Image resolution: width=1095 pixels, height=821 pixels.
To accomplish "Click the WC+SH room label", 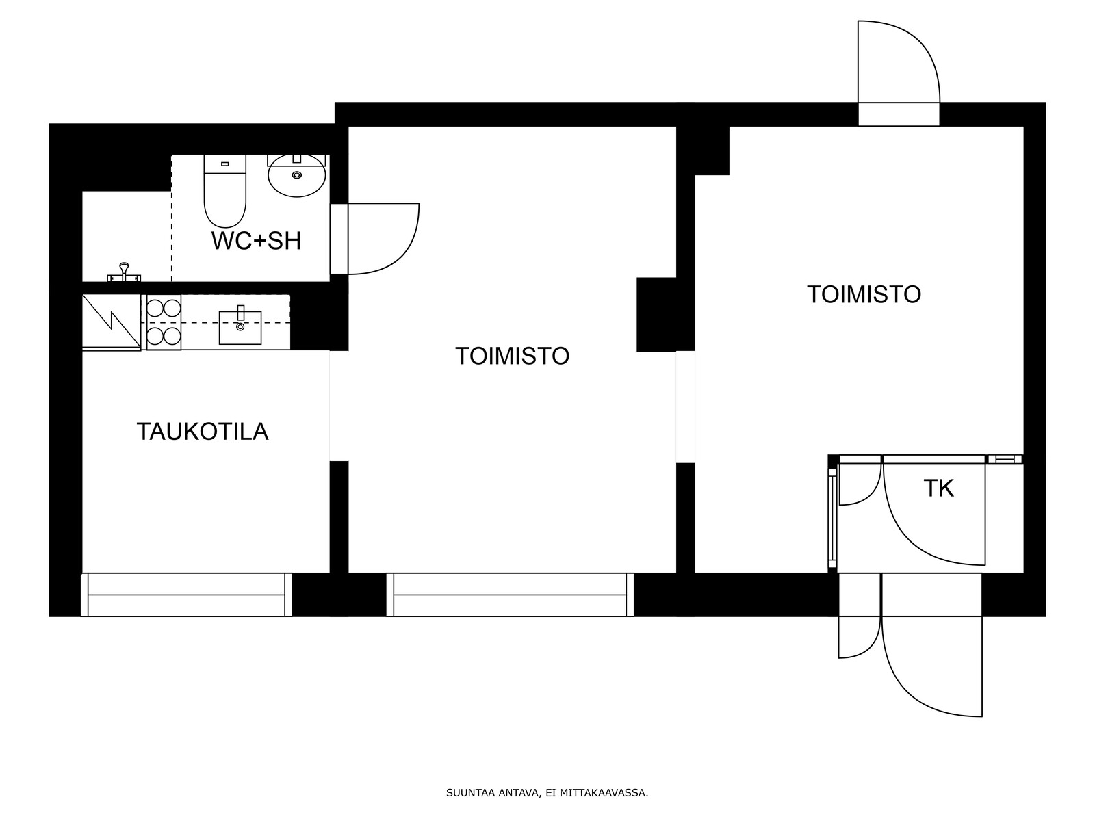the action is (256, 242).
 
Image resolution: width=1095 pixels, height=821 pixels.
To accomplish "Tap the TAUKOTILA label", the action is (203, 432).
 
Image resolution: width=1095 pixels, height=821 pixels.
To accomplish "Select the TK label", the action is (939, 488).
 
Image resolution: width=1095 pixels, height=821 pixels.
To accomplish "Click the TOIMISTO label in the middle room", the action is (513, 356).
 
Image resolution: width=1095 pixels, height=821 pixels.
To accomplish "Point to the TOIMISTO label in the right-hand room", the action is (864, 294).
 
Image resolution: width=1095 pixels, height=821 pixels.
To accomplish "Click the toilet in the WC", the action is (225, 191).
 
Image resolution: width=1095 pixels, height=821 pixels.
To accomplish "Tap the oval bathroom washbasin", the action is (297, 175).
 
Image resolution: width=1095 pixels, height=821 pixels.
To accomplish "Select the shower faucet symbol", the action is (125, 273).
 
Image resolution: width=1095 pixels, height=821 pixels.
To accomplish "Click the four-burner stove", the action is (164, 322).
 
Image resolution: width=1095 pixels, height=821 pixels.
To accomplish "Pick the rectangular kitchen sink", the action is (240, 327).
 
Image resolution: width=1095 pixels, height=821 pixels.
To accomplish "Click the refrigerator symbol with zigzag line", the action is (112, 322).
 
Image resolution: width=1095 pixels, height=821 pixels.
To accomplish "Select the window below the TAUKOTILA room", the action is (186, 595).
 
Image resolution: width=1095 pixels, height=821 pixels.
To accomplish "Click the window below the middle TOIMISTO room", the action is (510, 595).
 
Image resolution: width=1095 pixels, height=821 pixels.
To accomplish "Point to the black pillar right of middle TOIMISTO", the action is (656, 315).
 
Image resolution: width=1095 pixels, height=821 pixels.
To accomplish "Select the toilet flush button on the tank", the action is (225, 164).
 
